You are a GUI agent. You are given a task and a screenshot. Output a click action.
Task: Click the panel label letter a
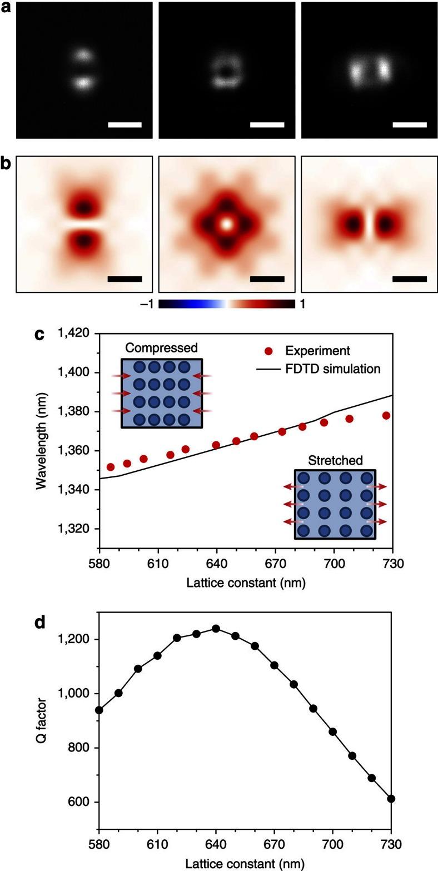coord(7,10)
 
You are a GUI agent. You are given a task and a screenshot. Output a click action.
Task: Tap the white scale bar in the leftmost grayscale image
coord(125,125)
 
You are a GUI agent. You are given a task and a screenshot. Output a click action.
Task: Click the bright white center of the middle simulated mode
coord(226,224)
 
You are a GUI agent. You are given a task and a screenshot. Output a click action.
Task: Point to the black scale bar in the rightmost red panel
coord(409,278)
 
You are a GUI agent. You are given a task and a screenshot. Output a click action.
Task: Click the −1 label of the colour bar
coord(149,304)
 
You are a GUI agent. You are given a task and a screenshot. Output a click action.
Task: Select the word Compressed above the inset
coord(161,348)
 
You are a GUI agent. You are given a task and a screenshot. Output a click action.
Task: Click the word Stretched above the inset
coord(335,460)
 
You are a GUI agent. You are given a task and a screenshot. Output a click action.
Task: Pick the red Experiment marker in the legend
coord(268,351)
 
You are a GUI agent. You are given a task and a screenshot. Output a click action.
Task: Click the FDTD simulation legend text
coord(333,369)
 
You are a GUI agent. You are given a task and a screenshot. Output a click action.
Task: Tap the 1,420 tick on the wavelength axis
coord(74,334)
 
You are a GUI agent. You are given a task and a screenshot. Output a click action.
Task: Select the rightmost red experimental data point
coord(386,415)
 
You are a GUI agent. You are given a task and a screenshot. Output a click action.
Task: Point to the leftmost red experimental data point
coord(111,467)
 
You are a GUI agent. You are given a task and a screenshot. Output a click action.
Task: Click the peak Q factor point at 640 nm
coord(216,629)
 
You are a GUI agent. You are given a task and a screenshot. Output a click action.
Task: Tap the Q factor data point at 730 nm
coord(391,799)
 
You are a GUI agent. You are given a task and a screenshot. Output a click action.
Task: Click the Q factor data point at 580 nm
coord(99,710)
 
